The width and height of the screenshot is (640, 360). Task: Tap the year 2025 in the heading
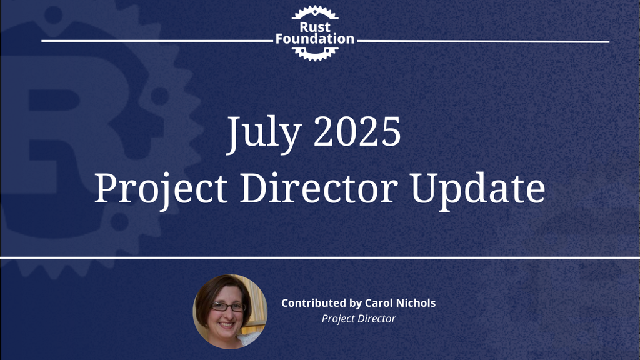click(357, 131)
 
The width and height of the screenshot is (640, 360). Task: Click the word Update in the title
click(478, 191)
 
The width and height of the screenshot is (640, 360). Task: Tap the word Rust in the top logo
click(315, 27)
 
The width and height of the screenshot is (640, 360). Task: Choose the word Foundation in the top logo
click(315, 39)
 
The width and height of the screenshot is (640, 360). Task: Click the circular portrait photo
click(230, 311)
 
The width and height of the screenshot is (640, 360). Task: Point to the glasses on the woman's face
click(228, 306)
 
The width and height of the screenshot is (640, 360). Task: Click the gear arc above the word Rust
click(315, 12)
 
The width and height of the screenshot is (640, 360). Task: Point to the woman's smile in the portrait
click(226, 325)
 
